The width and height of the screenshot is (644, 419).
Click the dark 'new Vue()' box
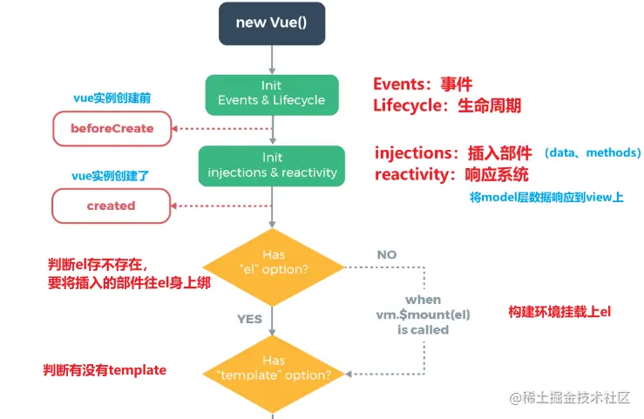[272, 24]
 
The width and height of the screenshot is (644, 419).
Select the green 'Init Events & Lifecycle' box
[272, 95]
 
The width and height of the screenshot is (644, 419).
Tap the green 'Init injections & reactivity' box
[272, 166]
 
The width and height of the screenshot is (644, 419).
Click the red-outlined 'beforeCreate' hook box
[112, 128]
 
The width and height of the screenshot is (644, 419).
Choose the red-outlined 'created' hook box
[111, 206]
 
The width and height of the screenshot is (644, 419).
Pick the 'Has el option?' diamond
[274, 267]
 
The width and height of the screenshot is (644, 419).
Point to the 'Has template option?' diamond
[274, 374]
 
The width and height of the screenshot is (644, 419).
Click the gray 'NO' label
[387, 255]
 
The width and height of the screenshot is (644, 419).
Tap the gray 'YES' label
[250, 319]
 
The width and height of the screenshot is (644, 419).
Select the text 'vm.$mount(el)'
[423, 314]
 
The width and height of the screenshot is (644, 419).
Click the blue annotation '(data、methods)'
[593, 152]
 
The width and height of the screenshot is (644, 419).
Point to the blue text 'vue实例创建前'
[112, 98]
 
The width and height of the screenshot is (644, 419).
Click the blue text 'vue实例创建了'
[110, 176]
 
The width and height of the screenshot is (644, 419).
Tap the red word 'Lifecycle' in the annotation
[407, 105]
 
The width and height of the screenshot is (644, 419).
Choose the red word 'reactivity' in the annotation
[411, 175]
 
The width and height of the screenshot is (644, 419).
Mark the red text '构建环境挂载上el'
[559, 312]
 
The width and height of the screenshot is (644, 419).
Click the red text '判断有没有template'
[105, 370]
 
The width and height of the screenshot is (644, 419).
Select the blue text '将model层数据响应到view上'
[546, 198]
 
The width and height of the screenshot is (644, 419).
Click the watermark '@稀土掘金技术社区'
[570, 397]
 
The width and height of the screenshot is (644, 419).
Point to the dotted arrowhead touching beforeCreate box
[174, 129]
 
